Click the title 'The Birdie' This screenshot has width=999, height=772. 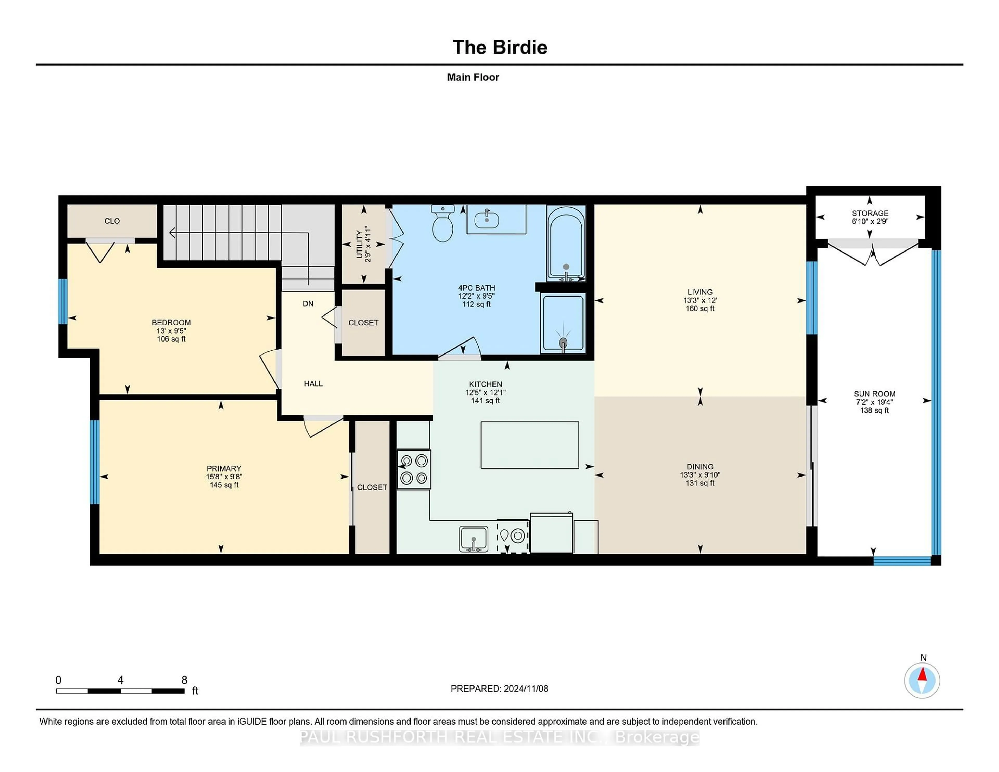click(499, 47)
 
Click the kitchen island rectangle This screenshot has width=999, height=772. click(529, 445)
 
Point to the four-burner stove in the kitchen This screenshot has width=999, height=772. click(413, 469)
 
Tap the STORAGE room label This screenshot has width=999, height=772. click(869, 213)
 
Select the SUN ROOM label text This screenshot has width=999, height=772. click(874, 394)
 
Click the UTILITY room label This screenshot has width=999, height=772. click(360, 245)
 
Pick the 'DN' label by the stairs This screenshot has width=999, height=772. click(308, 304)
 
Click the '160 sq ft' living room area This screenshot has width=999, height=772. click(700, 309)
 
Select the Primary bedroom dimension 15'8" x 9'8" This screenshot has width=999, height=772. click(224, 477)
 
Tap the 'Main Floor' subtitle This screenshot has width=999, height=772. click(473, 77)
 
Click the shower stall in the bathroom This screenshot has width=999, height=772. click(563, 323)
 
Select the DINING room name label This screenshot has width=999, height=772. click(700, 467)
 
